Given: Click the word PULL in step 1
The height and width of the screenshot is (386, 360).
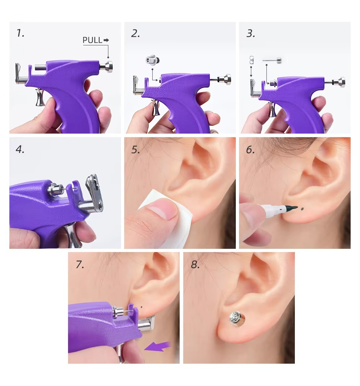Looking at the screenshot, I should coord(93,40).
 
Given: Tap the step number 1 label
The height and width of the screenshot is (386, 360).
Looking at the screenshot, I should coord(20,33).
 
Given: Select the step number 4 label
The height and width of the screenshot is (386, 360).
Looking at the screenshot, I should coord(20,149).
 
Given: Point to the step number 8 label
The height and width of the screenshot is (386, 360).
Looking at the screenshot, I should coord(195,265).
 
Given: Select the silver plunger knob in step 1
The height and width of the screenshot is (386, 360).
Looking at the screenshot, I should coord(107,67).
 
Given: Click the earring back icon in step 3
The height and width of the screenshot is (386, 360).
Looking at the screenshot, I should coord(251,59).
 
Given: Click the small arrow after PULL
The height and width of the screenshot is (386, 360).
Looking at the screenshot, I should coord(106,40).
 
